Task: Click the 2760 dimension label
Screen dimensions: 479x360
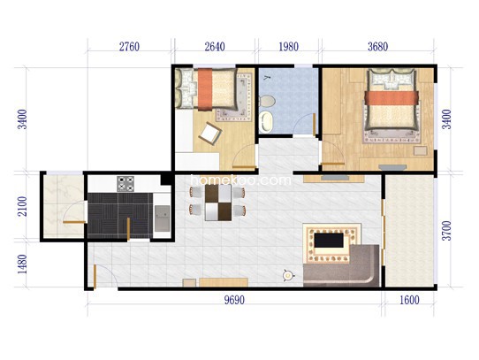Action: point(129,47)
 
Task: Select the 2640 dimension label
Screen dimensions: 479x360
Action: point(215,47)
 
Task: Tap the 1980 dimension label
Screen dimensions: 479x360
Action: point(289,47)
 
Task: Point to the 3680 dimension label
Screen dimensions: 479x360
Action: point(378,47)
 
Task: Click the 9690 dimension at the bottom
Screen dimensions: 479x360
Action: point(234,301)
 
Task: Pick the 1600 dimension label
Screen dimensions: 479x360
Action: point(409,301)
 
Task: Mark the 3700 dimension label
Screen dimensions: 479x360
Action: point(446,231)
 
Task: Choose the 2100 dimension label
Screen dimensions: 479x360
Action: point(22,206)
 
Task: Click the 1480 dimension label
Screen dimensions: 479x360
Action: point(22,264)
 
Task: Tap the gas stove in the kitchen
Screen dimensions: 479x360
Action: point(125,183)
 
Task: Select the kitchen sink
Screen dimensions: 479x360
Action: point(162,218)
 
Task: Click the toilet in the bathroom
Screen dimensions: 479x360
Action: point(267,101)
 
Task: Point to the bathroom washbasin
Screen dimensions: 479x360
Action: point(266,122)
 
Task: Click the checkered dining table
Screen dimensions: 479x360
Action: point(218,203)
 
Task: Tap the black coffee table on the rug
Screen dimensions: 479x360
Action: point(329,240)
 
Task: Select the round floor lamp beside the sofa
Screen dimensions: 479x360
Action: point(287,276)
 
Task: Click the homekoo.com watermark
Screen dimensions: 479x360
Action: point(240,180)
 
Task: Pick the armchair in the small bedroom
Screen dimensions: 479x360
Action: point(210,134)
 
